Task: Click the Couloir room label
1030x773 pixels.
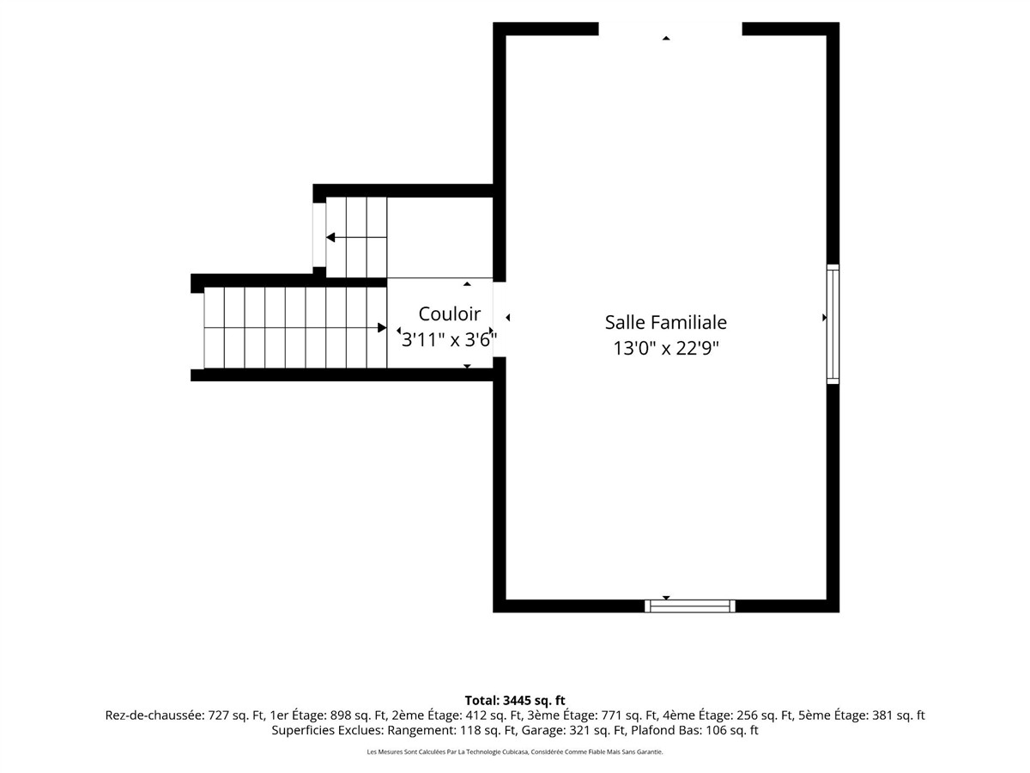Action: [449, 314]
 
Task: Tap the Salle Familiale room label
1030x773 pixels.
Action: [665, 322]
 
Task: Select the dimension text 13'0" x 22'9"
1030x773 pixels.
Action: [666, 348]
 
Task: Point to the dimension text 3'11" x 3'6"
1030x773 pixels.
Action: [449, 339]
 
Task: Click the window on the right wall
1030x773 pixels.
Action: [833, 324]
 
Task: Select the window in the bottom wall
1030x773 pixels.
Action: [689, 606]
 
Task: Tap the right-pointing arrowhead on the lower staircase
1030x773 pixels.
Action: [382, 327]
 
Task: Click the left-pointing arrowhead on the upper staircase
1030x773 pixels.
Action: [330, 238]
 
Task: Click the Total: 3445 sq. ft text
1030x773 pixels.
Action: [515, 701]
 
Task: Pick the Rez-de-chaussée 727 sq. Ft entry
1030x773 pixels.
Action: [185, 715]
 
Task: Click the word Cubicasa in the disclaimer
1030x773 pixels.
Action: [516, 752]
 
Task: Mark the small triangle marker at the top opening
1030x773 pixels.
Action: [666, 38]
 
